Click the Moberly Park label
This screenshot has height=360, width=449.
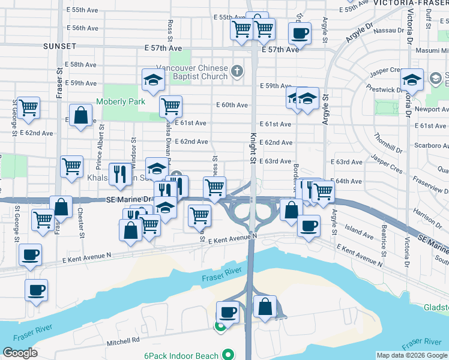121,102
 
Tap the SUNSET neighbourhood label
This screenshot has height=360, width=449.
59,46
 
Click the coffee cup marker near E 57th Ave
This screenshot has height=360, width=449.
300,33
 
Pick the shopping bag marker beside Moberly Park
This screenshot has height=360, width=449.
80,116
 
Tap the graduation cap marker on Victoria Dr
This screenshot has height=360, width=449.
412,79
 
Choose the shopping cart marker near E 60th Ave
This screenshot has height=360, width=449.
171,107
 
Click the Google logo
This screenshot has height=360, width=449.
20,353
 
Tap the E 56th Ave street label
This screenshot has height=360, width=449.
83,28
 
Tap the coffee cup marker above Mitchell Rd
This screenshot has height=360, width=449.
228,312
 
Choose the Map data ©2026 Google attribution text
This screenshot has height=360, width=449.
411,355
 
